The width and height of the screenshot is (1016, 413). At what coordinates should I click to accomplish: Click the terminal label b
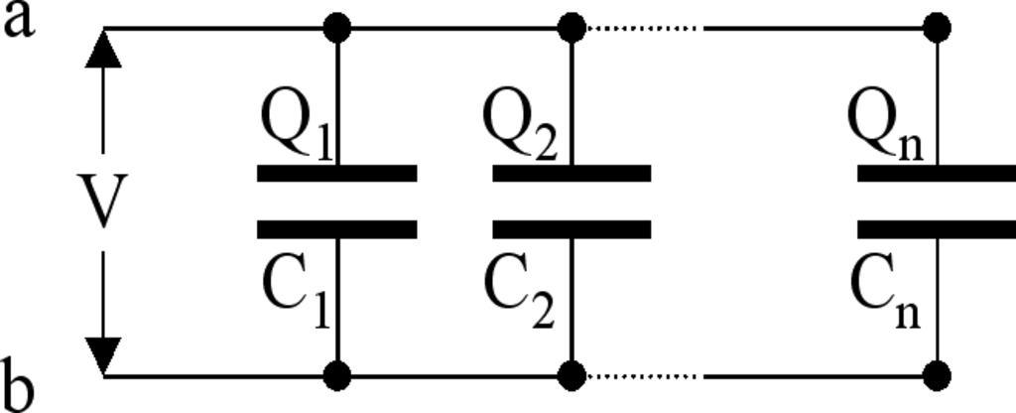tap(20, 386)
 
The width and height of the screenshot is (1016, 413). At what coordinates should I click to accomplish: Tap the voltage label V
tap(102, 203)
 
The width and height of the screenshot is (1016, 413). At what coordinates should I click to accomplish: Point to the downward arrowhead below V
tap(103, 354)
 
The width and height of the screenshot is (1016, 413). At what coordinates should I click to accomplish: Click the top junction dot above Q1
tap(337, 28)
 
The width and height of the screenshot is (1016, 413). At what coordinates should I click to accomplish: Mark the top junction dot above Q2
tap(571, 28)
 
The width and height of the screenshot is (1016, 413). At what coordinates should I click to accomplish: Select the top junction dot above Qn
tap(937, 28)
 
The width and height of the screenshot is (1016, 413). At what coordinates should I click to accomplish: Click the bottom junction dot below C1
tap(337, 376)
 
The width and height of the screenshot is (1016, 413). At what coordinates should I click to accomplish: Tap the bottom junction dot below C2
tap(571, 376)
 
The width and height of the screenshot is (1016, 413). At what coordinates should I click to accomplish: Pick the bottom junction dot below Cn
tap(937, 376)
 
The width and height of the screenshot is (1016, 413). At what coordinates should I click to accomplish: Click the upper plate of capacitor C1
tap(337, 174)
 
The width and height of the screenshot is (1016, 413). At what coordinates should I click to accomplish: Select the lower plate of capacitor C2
tap(571, 229)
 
